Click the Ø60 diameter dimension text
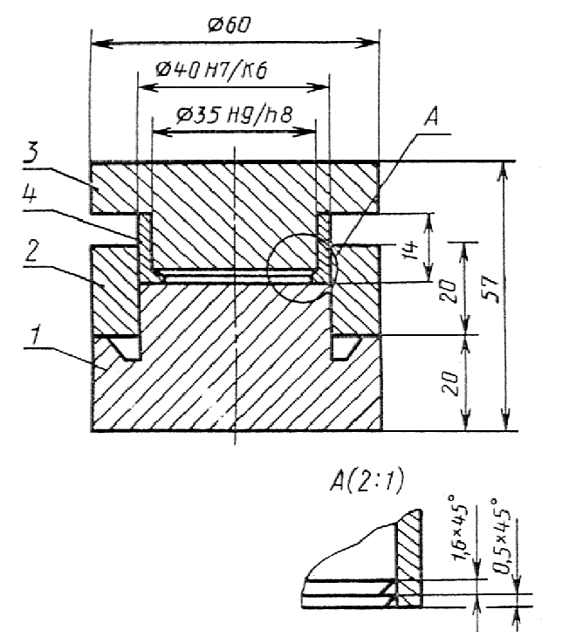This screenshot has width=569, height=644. point(230,25)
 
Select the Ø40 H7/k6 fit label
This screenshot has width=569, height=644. point(211,70)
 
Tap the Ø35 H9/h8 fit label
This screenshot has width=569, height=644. point(234,115)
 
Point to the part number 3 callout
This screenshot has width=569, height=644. point(31,153)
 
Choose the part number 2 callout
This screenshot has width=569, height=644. point(31,251)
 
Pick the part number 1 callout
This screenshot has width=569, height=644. point(37,334)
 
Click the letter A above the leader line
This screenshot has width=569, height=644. point(430,116)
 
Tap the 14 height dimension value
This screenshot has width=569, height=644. point(411,250)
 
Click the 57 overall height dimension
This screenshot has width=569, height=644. point(491,290)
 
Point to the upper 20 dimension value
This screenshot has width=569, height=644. point(449,291)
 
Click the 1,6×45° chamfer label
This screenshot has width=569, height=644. point(461,528)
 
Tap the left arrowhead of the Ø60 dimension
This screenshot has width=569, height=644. point(101,44)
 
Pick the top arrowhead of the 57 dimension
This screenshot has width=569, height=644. point(505,172)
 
